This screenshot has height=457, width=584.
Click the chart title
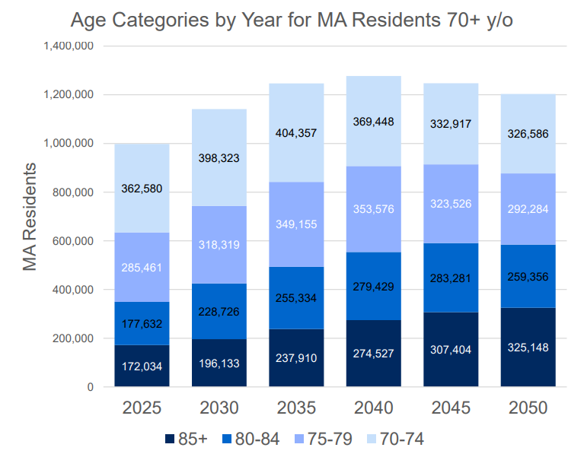pyautogui.click(x=292, y=21)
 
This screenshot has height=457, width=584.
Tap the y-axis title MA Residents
pyautogui.click(x=30, y=216)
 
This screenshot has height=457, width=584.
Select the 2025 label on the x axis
pyautogui.click(x=142, y=408)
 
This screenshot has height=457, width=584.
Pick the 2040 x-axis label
pyautogui.click(x=373, y=408)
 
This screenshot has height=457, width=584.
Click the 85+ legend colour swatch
pyautogui.click(x=170, y=439)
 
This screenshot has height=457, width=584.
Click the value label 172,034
pyautogui.click(x=142, y=367)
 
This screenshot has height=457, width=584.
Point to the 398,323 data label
pyautogui.click(x=219, y=158)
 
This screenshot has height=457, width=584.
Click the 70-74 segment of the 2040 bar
pyautogui.click(x=373, y=121)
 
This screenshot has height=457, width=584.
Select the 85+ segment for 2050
pyautogui.click(x=528, y=348)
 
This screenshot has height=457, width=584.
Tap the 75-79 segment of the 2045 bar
pyautogui.click(x=451, y=204)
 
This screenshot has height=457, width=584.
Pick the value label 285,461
pyautogui.click(x=142, y=268)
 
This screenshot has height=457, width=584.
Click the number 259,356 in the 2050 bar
pyautogui.click(x=528, y=276)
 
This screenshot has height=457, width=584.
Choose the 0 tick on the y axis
pyautogui.click(x=89, y=387)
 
